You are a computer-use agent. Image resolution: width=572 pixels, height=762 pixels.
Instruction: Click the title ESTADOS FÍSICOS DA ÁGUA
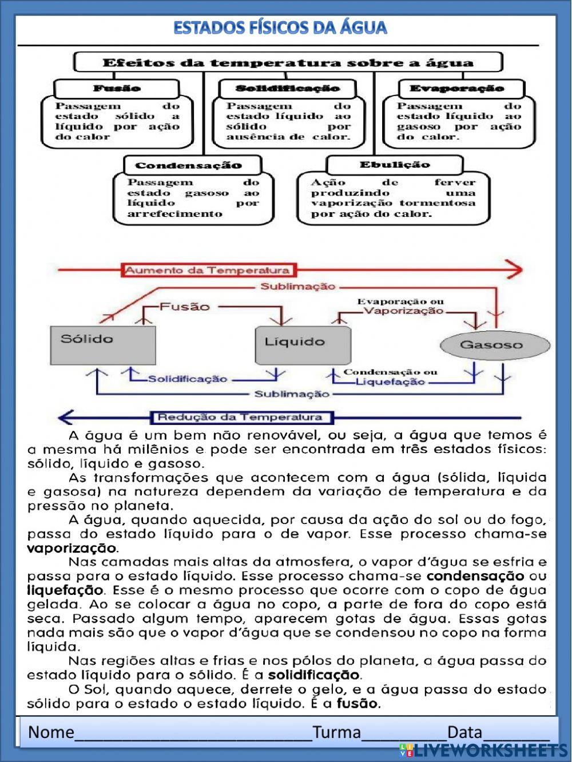pyautogui.click(x=280, y=27)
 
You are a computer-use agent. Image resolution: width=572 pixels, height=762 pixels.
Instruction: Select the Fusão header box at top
pyautogui.click(x=117, y=88)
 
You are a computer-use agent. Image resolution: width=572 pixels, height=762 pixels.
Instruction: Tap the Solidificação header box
pyautogui.click(x=288, y=88)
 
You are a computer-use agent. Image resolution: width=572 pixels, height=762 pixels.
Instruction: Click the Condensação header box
pyautogui.click(x=189, y=165)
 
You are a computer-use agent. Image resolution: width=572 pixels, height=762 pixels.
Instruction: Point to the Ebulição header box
pyautogui.click(x=395, y=165)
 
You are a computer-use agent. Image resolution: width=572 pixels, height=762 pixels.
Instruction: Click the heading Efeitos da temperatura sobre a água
pyautogui.click(x=288, y=62)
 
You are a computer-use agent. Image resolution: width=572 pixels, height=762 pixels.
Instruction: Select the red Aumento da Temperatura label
pyautogui.click(x=207, y=270)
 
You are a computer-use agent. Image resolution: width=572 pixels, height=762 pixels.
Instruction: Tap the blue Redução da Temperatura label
pyautogui.click(x=240, y=417)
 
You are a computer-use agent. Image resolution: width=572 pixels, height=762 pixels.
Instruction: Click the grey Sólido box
pyautogui.click(x=103, y=345)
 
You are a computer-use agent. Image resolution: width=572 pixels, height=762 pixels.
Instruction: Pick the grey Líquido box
pyautogui.click(x=303, y=346)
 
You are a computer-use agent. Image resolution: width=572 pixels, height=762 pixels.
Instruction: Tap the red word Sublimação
pyautogui.click(x=297, y=287)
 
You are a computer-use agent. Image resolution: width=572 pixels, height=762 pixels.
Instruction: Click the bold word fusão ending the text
pyautogui.click(x=358, y=703)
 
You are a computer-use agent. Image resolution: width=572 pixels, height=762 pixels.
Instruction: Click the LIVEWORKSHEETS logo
pyautogui.click(x=484, y=750)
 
